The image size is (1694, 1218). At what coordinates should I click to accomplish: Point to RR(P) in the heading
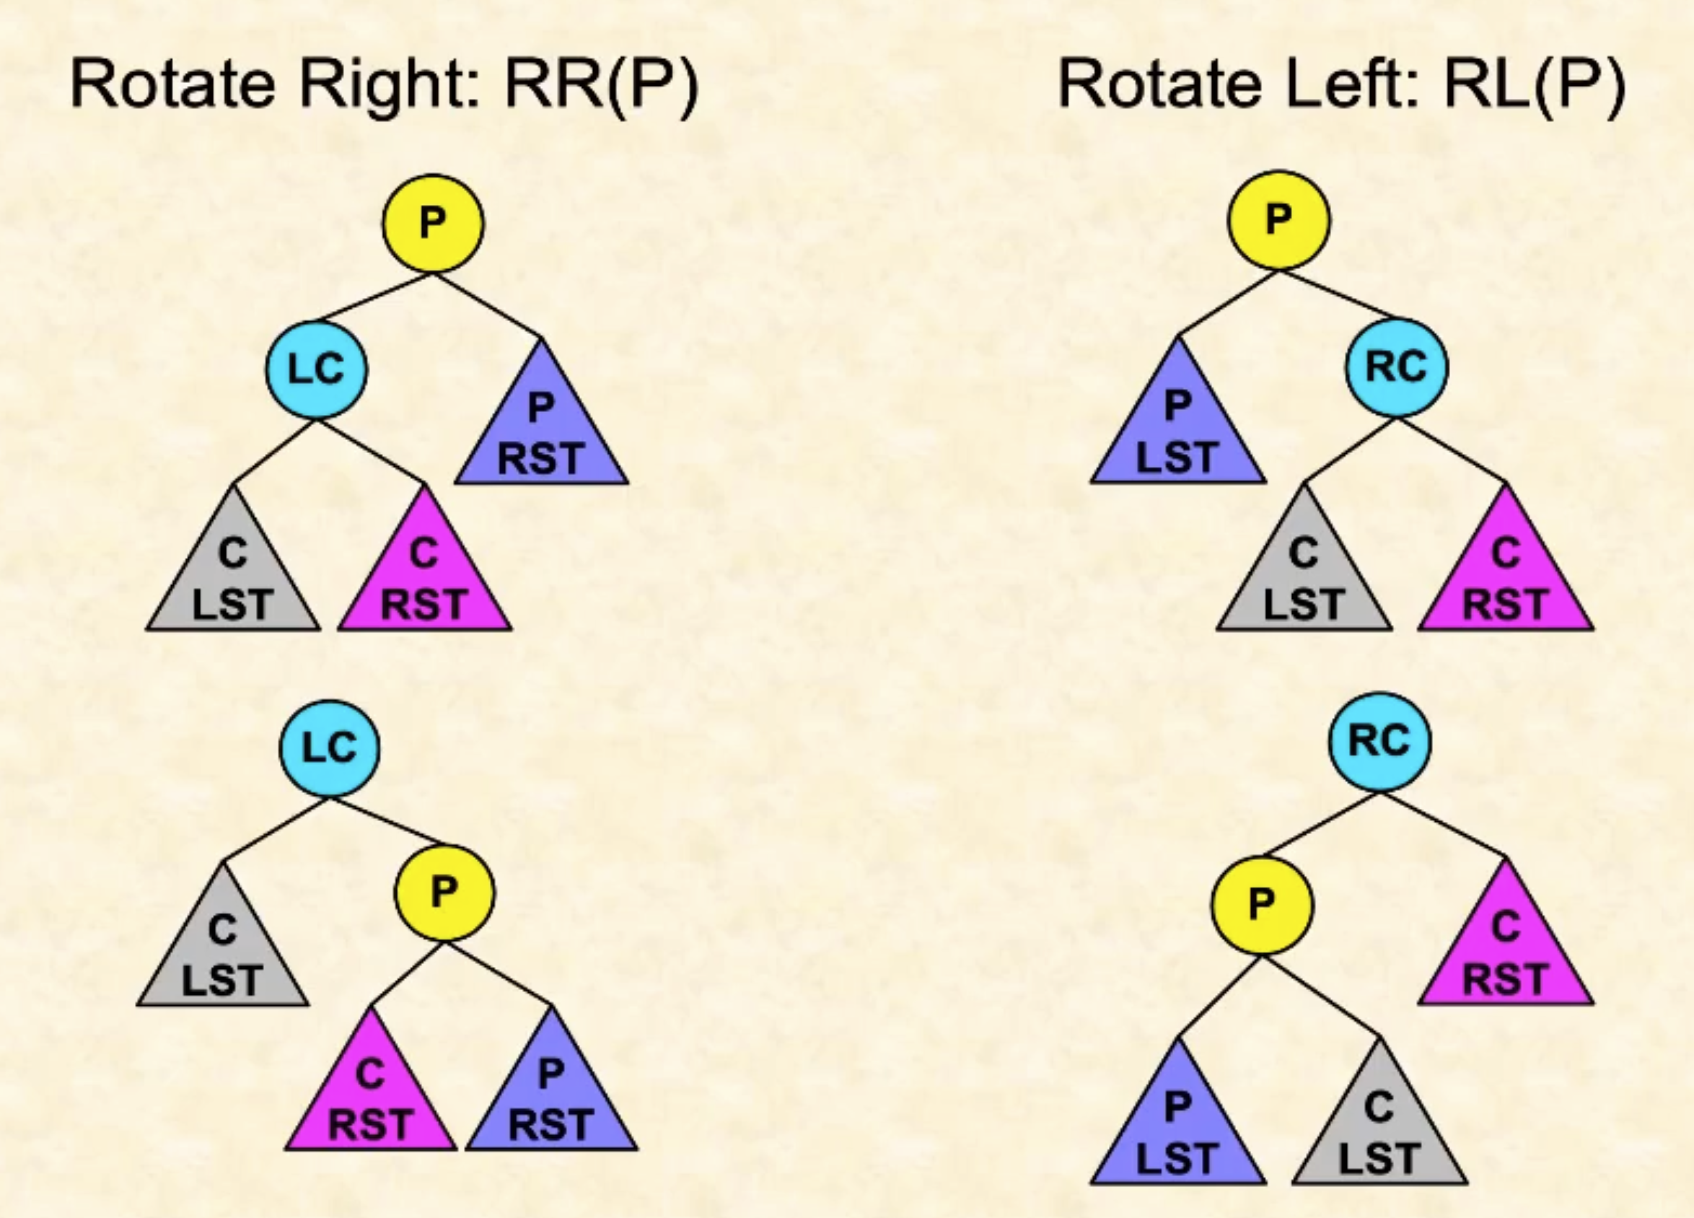pos(602,84)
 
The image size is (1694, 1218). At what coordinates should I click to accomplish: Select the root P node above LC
pos(433,223)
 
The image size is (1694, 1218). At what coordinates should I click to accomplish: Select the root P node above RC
pos(1278,219)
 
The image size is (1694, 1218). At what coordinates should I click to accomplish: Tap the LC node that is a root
pos(330,748)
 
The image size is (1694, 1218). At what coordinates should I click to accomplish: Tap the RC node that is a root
pos(1379,741)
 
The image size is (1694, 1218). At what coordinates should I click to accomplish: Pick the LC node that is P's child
pos(317,369)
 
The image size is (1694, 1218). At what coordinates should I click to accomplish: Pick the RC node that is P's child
pos(1397,367)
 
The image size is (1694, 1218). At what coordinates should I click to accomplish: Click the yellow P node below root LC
pos(444,891)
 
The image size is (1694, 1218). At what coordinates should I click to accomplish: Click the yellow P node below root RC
pos(1262,905)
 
